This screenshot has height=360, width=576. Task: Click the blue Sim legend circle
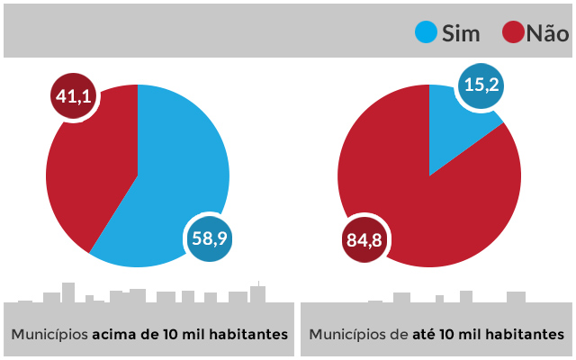(426, 33)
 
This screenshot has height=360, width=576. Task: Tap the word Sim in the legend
(461, 34)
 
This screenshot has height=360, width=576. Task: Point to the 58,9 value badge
(212, 238)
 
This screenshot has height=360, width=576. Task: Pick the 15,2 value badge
(481, 87)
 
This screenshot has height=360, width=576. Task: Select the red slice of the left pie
(90, 162)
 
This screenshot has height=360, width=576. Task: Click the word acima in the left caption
(115, 335)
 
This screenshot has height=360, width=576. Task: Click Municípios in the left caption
(49, 335)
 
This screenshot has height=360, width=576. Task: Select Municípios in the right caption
(346, 335)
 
